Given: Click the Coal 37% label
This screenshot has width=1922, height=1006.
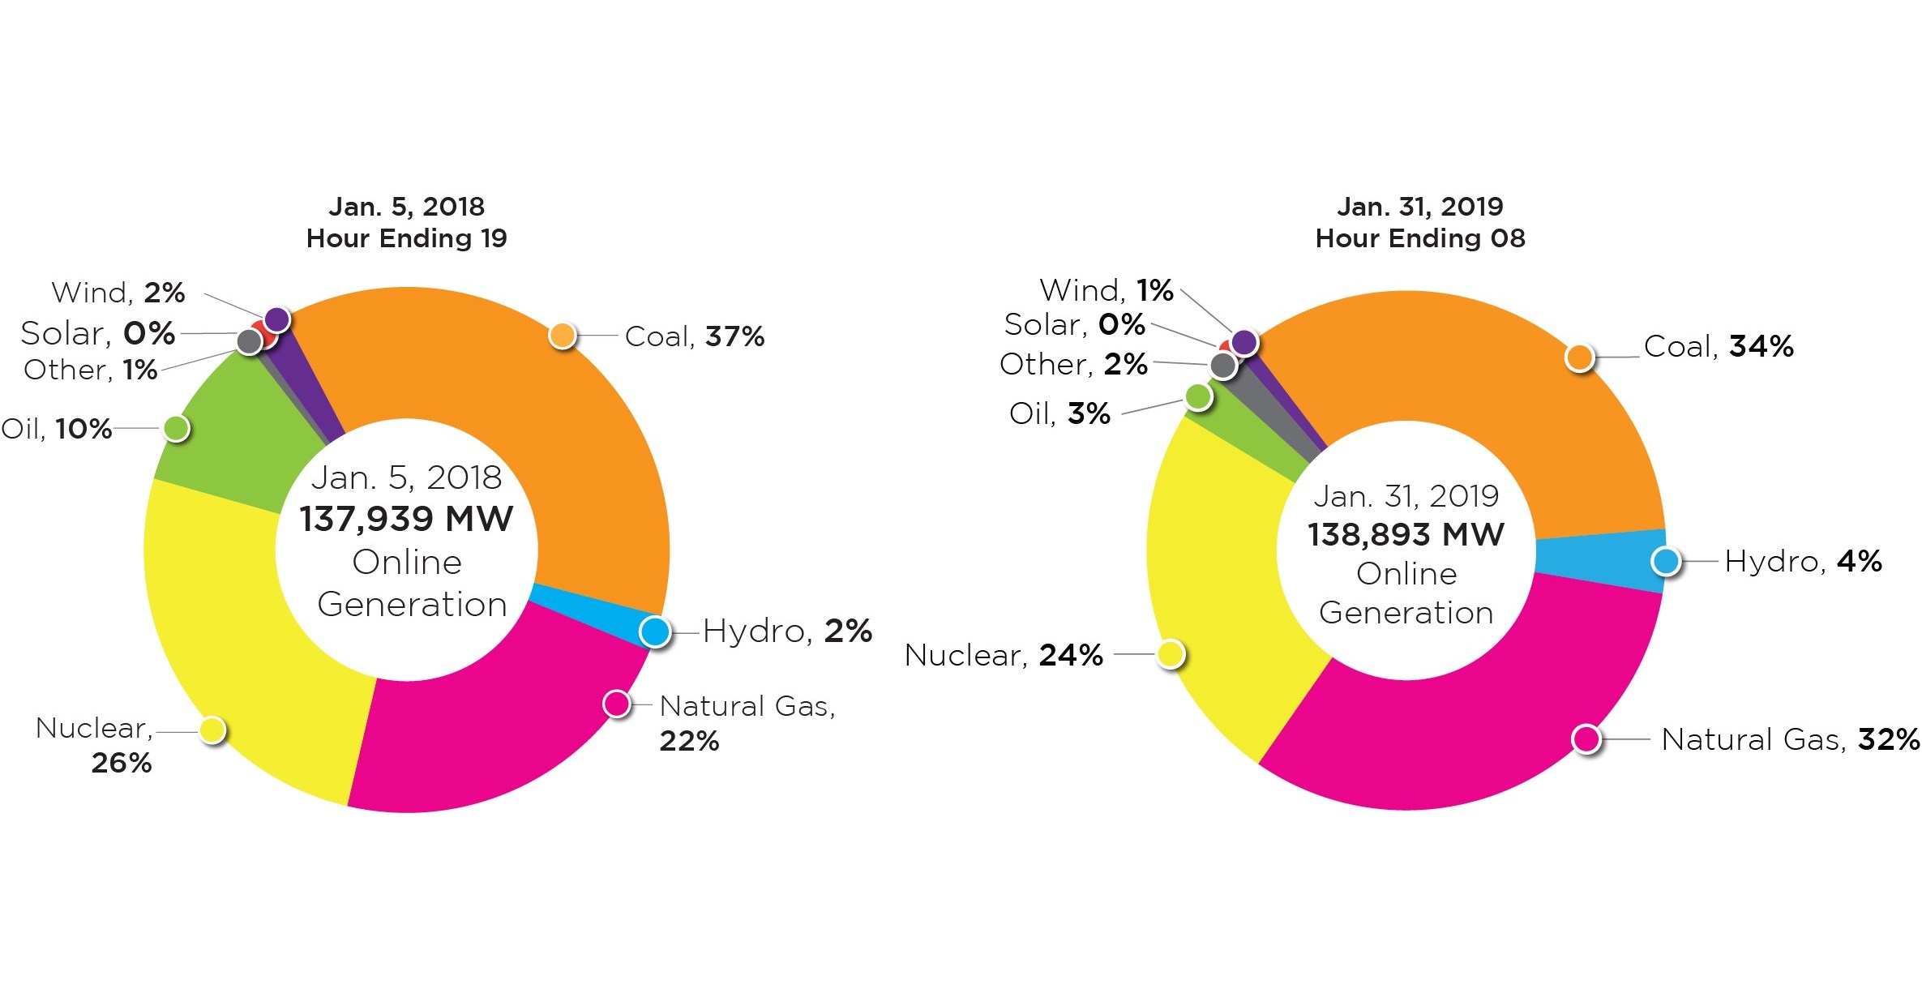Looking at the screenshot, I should pyautogui.click(x=694, y=336).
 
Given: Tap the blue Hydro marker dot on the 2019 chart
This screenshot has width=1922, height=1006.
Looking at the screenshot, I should pyautogui.click(x=1666, y=561).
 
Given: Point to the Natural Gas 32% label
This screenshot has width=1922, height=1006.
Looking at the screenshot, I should pyautogui.click(x=1790, y=739).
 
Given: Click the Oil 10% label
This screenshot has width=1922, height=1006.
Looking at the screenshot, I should pyautogui.click(x=57, y=429).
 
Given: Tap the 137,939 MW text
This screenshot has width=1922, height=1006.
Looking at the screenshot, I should pyautogui.click(x=406, y=519).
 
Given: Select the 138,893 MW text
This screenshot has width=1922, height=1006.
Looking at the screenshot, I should pyautogui.click(x=1406, y=535).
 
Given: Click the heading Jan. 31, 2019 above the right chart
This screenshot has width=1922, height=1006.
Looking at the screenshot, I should pyautogui.click(x=1419, y=207).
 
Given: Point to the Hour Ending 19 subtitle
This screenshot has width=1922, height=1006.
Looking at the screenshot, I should pyautogui.click(x=406, y=238).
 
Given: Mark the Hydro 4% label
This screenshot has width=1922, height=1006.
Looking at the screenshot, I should pyautogui.click(x=1802, y=561).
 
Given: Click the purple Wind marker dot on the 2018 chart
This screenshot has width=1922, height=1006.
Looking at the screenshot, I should pyautogui.click(x=277, y=319).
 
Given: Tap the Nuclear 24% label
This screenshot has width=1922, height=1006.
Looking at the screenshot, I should pyautogui.click(x=1003, y=655).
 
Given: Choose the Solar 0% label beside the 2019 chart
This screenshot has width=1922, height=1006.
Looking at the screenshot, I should pyautogui.click(x=1074, y=325).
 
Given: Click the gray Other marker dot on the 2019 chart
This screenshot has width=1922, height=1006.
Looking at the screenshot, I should pyautogui.click(x=1223, y=366).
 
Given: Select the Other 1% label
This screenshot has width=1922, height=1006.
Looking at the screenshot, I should pyautogui.click(x=90, y=370).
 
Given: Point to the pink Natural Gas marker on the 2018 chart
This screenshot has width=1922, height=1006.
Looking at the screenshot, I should pyautogui.click(x=617, y=704).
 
